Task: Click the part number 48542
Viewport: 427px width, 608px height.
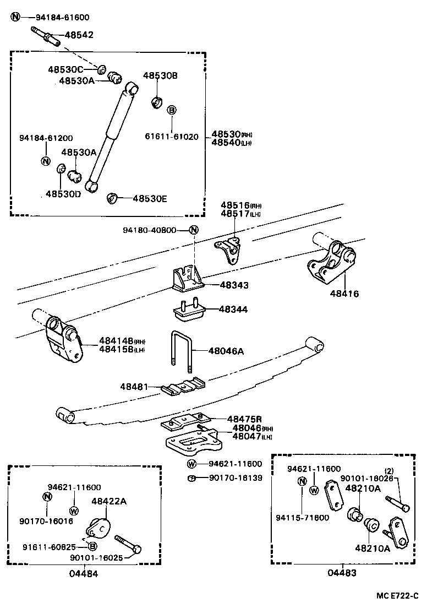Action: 79,35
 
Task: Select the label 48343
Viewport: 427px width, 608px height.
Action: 234,285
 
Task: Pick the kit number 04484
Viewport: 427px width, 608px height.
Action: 84,573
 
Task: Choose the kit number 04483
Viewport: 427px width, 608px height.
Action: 342,573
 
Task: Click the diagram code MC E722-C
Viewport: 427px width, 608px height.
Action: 397,596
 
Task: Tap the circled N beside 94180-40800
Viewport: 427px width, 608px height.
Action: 193,230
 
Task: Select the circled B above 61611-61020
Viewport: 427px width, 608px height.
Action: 172,110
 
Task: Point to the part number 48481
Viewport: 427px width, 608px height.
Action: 134,388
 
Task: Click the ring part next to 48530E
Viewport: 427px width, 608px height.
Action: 113,198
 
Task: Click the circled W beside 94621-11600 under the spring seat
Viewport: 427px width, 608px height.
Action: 191,464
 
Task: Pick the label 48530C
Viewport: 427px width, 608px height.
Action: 65,69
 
